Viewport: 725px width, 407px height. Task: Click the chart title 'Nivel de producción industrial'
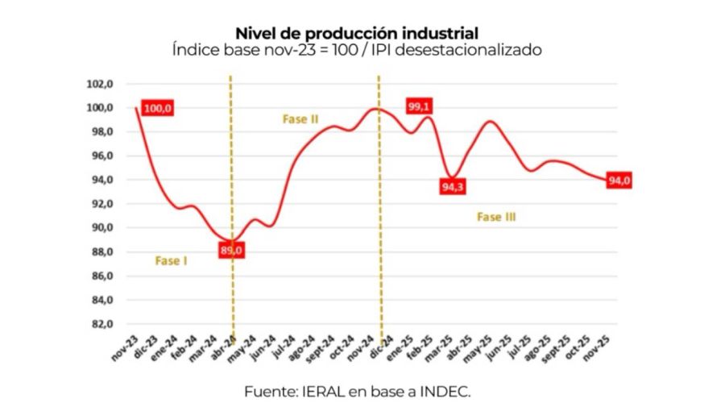pyautogui.click(x=357, y=33)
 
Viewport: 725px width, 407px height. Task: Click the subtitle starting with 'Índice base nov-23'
pyautogui.click(x=357, y=50)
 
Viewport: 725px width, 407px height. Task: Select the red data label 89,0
pyautogui.click(x=231, y=251)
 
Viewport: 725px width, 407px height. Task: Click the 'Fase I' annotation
pyautogui.click(x=171, y=260)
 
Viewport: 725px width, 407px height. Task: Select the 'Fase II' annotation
pyautogui.click(x=300, y=119)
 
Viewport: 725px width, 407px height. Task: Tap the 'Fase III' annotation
pyautogui.click(x=496, y=217)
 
